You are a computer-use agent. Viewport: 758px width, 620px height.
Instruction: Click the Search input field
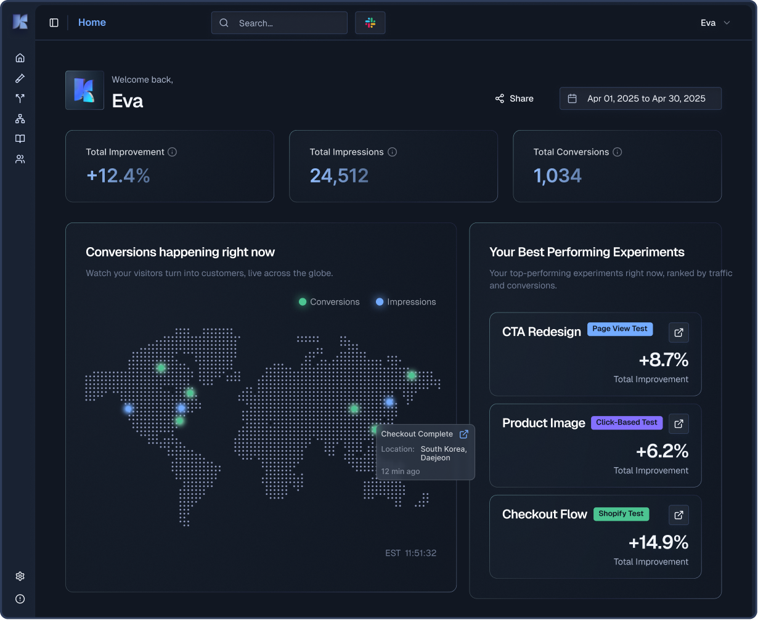tap(279, 23)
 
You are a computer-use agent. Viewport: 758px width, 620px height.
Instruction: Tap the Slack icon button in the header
tap(370, 23)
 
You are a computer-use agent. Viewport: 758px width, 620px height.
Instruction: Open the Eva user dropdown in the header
tap(715, 23)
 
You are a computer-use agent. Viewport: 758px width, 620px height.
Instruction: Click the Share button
tap(514, 99)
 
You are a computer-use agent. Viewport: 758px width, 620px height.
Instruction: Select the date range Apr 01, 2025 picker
tap(640, 99)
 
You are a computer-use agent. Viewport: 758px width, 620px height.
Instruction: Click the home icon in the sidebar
tap(20, 58)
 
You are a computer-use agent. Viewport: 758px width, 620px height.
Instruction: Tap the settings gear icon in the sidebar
tap(20, 576)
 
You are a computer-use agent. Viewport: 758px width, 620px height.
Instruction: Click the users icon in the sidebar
tap(20, 159)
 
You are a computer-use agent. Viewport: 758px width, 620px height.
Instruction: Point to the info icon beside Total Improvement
tap(173, 152)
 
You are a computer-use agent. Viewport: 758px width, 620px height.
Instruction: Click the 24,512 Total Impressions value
tap(339, 176)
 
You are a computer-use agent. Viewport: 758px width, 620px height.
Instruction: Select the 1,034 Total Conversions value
tap(557, 176)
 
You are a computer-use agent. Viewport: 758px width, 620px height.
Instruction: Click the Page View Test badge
tap(619, 329)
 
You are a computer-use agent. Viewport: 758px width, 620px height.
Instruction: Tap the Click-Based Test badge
tap(627, 423)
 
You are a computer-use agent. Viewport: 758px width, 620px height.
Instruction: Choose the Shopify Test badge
tap(621, 514)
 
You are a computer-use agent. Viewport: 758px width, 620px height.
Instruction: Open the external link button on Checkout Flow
tap(679, 515)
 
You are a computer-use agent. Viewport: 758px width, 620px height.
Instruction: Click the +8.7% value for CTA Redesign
tap(663, 359)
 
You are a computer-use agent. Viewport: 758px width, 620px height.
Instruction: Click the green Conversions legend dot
tap(303, 302)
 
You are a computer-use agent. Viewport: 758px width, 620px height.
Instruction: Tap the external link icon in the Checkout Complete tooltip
tap(464, 434)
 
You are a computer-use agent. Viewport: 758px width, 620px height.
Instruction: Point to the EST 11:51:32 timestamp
tap(410, 553)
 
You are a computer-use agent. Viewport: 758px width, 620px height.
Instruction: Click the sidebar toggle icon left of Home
tap(54, 23)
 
